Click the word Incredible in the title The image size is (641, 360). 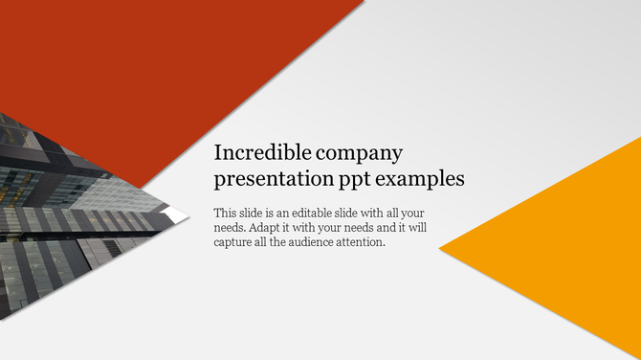pyautogui.click(x=254, y=153)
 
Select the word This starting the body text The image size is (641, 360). pyautogui.click(x=226, y=213)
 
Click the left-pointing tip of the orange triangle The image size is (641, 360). pyautogui.click(x=442, y=249)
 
